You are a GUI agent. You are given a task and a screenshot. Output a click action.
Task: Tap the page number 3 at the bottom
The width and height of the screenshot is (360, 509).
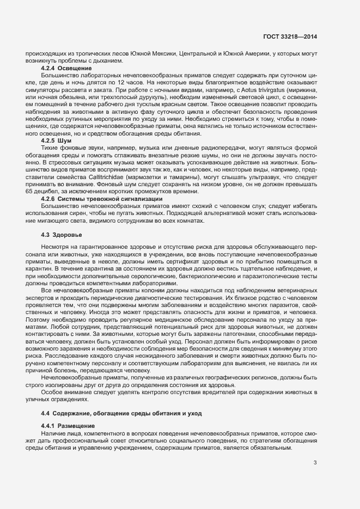coord(315,463)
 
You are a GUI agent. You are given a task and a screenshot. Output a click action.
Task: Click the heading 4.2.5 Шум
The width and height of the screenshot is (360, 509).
coord(56,140)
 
